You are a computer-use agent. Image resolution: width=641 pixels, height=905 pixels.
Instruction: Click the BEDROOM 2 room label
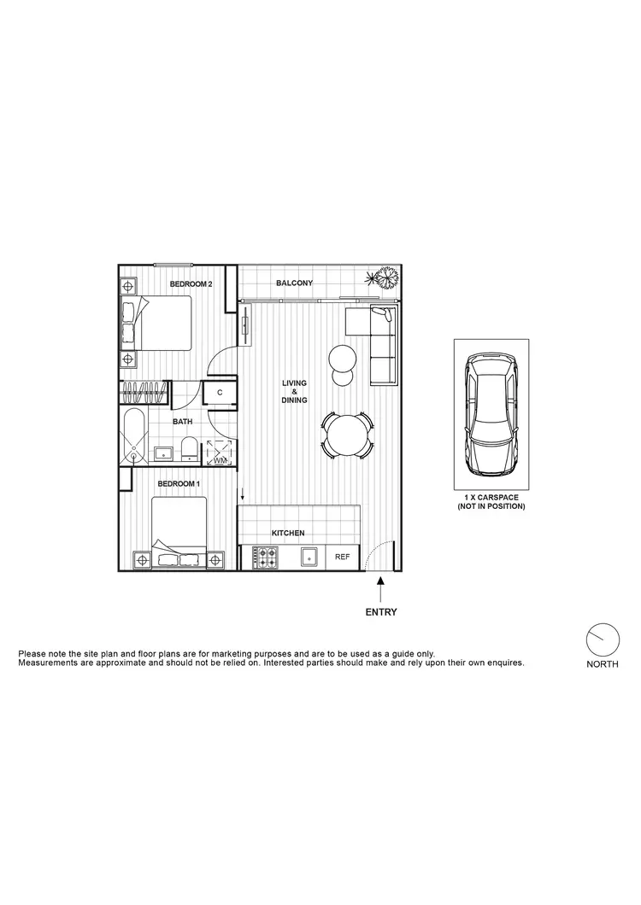(191, 284)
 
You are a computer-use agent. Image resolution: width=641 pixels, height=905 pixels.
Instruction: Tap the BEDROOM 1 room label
(179, 484)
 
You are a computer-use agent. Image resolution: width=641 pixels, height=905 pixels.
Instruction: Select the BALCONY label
(294, 283)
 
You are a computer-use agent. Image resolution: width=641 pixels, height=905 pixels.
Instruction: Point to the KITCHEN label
(288, 534)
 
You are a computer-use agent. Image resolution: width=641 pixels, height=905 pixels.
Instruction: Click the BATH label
(182, 421)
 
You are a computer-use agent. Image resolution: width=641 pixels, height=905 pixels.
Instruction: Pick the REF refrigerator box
(343, 558)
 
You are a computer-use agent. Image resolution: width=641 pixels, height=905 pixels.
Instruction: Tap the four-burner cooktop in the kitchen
(265, 558)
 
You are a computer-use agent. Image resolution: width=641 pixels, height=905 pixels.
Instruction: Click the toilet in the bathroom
(188, 450)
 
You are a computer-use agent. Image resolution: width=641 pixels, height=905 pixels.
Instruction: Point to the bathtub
(133, 437)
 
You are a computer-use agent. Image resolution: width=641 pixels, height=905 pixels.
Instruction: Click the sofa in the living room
(381, 345)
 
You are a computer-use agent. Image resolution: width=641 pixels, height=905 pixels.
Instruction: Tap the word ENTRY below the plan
(380, 612)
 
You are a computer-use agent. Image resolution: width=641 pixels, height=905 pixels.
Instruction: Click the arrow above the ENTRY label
(380, 587)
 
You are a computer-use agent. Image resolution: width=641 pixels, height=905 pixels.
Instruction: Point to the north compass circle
(602, 641)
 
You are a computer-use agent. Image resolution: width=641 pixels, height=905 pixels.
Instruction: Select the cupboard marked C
(220, 393)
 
